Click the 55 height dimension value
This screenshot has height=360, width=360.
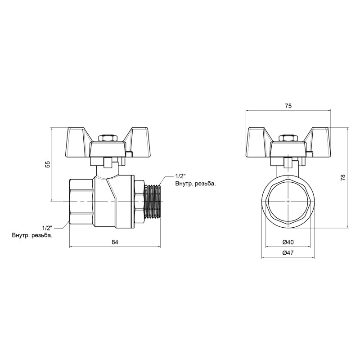pyautogui.click(x=47, y=164)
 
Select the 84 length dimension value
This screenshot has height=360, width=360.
pyautogui.click(x=115, y=243)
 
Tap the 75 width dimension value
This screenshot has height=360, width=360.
pyautogui.click(x=288, y=106)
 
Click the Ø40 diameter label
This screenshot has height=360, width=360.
pyautogui.click(x=288, y=242)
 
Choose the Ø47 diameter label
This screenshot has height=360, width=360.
pyautogui.click(x=288, y=253)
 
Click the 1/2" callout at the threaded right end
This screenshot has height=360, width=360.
pyautogui.click(x=180, y=176)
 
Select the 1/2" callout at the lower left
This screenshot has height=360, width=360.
pyautogui.click(x=47, y=228)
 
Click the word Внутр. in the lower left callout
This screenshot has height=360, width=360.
pyautogui.click(x=22, y=235)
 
